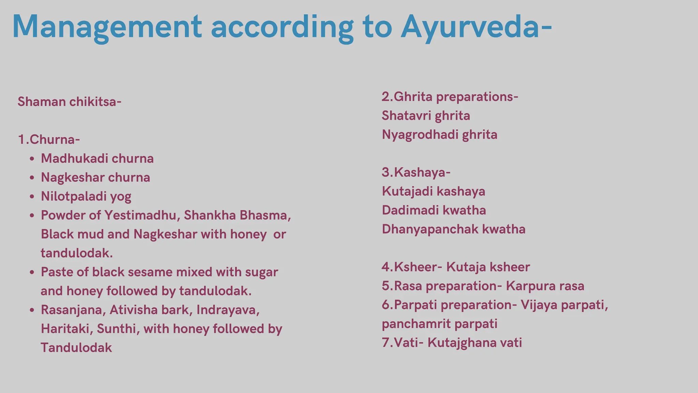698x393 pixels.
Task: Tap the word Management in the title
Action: (107, 27)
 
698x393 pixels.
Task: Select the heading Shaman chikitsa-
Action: (70, 102)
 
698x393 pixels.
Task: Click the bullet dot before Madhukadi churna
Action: (32, 159)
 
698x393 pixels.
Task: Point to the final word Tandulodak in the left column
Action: (76, 348)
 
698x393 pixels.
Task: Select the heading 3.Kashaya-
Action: (416, 172)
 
